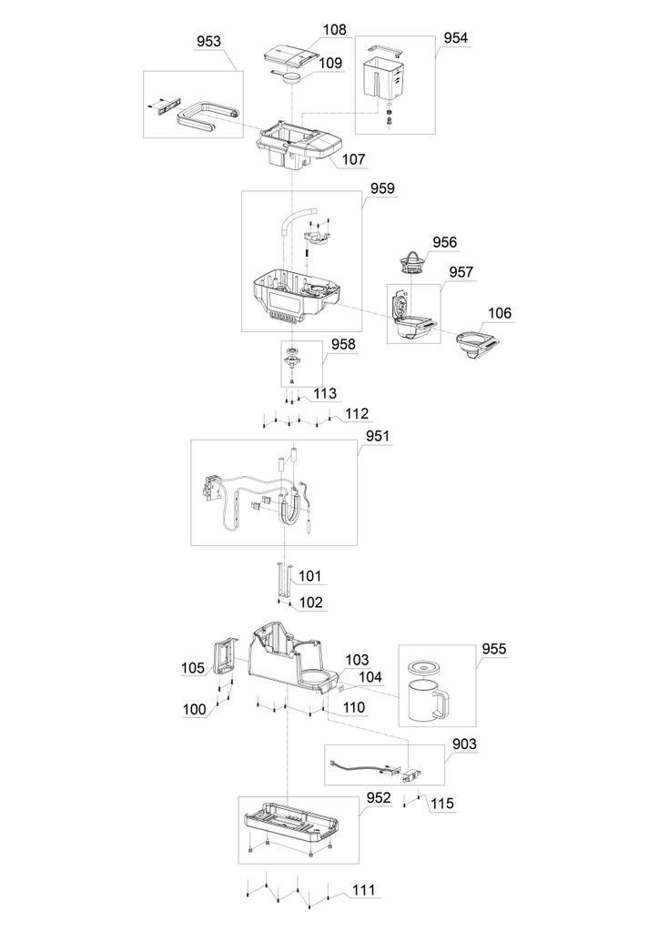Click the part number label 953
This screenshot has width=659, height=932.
coord(209,42)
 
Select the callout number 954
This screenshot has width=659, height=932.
coord(456,38)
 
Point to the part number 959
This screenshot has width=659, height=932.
coord(382,189)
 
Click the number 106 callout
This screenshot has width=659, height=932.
coord(500,313)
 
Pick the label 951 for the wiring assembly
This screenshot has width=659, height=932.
coord(378,436)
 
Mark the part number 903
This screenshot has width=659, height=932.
coord(464,745)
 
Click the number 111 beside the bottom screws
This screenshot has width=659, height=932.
coord(363,889)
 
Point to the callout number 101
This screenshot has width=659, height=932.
coord(310,576)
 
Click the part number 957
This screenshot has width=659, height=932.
coord(461,272)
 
